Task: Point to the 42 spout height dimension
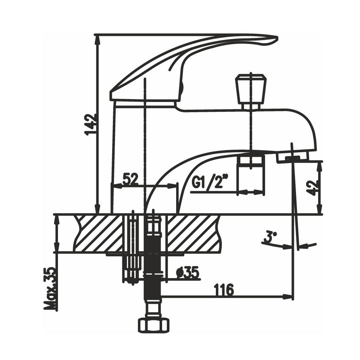(314, 188)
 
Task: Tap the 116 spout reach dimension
(224, 290)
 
